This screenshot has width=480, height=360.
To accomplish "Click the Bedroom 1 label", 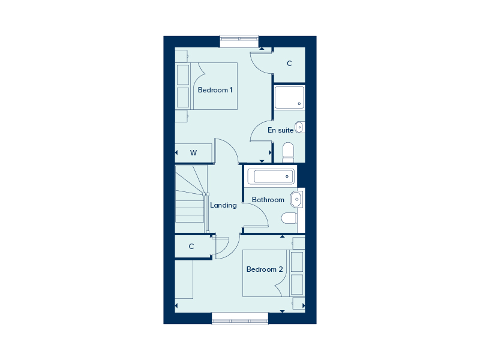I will pyautogui.click(x=215, y=90).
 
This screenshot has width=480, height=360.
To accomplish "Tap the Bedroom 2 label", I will pyautogui.click(x=265, y=269).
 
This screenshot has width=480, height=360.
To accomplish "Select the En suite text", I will pyautogui.click(x=280, y=130).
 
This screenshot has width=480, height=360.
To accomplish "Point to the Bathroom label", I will pyautogui.click(x=268, y=200).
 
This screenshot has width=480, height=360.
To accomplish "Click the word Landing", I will pyautogui.click(x=223, y=205).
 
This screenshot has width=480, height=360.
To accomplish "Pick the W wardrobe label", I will pyautogui.click(x=193, y=153).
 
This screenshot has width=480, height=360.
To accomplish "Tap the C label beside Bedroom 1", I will pyautogui.click(x=289, y=64).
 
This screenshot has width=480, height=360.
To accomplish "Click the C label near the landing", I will pyautogui.click(x=191, y=247).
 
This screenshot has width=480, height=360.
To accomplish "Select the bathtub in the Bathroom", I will pyautogui.click(x=274, y=176).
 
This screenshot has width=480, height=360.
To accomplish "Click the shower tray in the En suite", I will pyautogui.click(x=289, y=97).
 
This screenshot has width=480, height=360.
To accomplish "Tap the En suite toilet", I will pyautogui.click(x=288, y=152).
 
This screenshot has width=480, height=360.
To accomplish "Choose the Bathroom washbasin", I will pyautogui.click(x=294, y=199).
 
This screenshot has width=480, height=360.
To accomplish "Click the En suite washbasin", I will pyautogui.click(x=299, y=127).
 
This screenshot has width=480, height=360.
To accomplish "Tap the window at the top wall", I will pyautogui.click(x=239, y=41).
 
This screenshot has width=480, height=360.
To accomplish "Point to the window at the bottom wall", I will pyautogui.click(x=239, y=319).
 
